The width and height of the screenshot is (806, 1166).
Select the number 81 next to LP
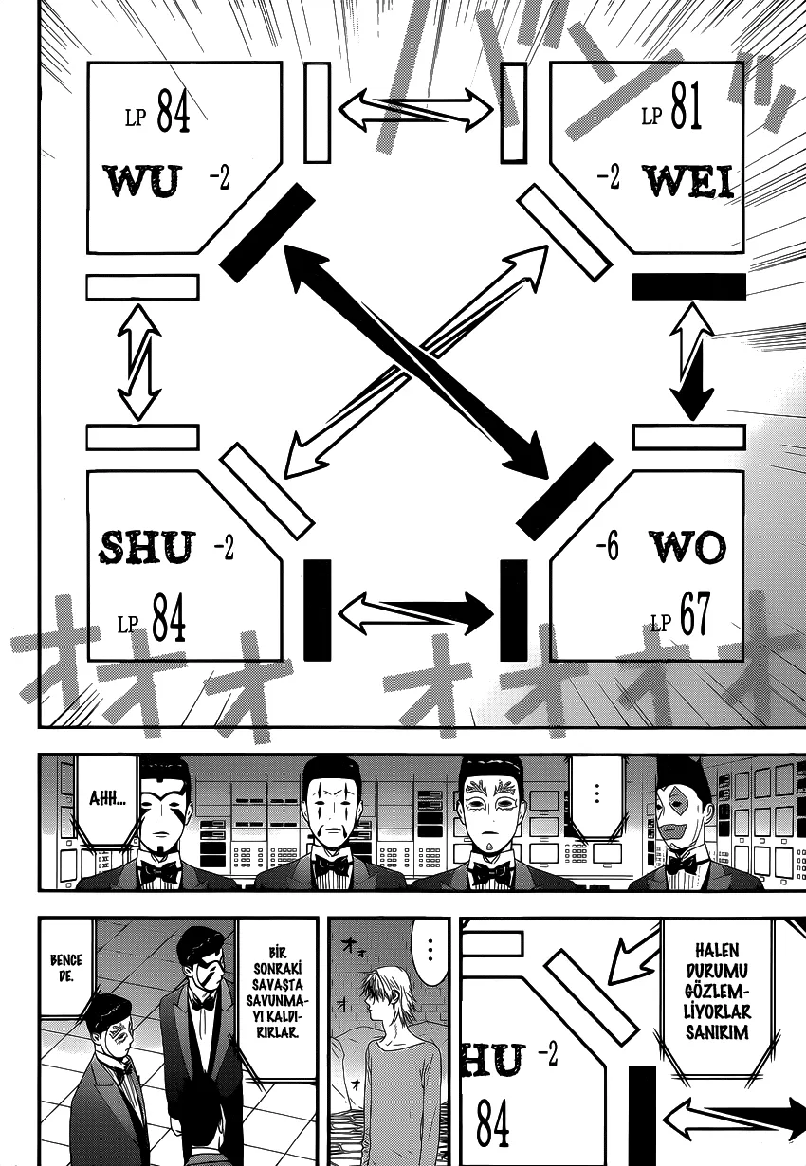pos(685,112)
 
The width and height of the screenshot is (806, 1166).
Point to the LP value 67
pos(694,617)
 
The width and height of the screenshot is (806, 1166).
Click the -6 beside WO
pos(607,547)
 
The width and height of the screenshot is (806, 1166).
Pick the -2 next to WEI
pos(608,177)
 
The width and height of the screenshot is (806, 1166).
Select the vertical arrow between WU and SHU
pos(139,361)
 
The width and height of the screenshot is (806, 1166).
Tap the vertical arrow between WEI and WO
pos(691,361)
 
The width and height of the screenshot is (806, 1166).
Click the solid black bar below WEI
pos(688,286)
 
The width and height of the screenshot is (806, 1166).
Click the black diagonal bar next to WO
pos(564,491)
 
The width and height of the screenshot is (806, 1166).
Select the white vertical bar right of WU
pos(317,112)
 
